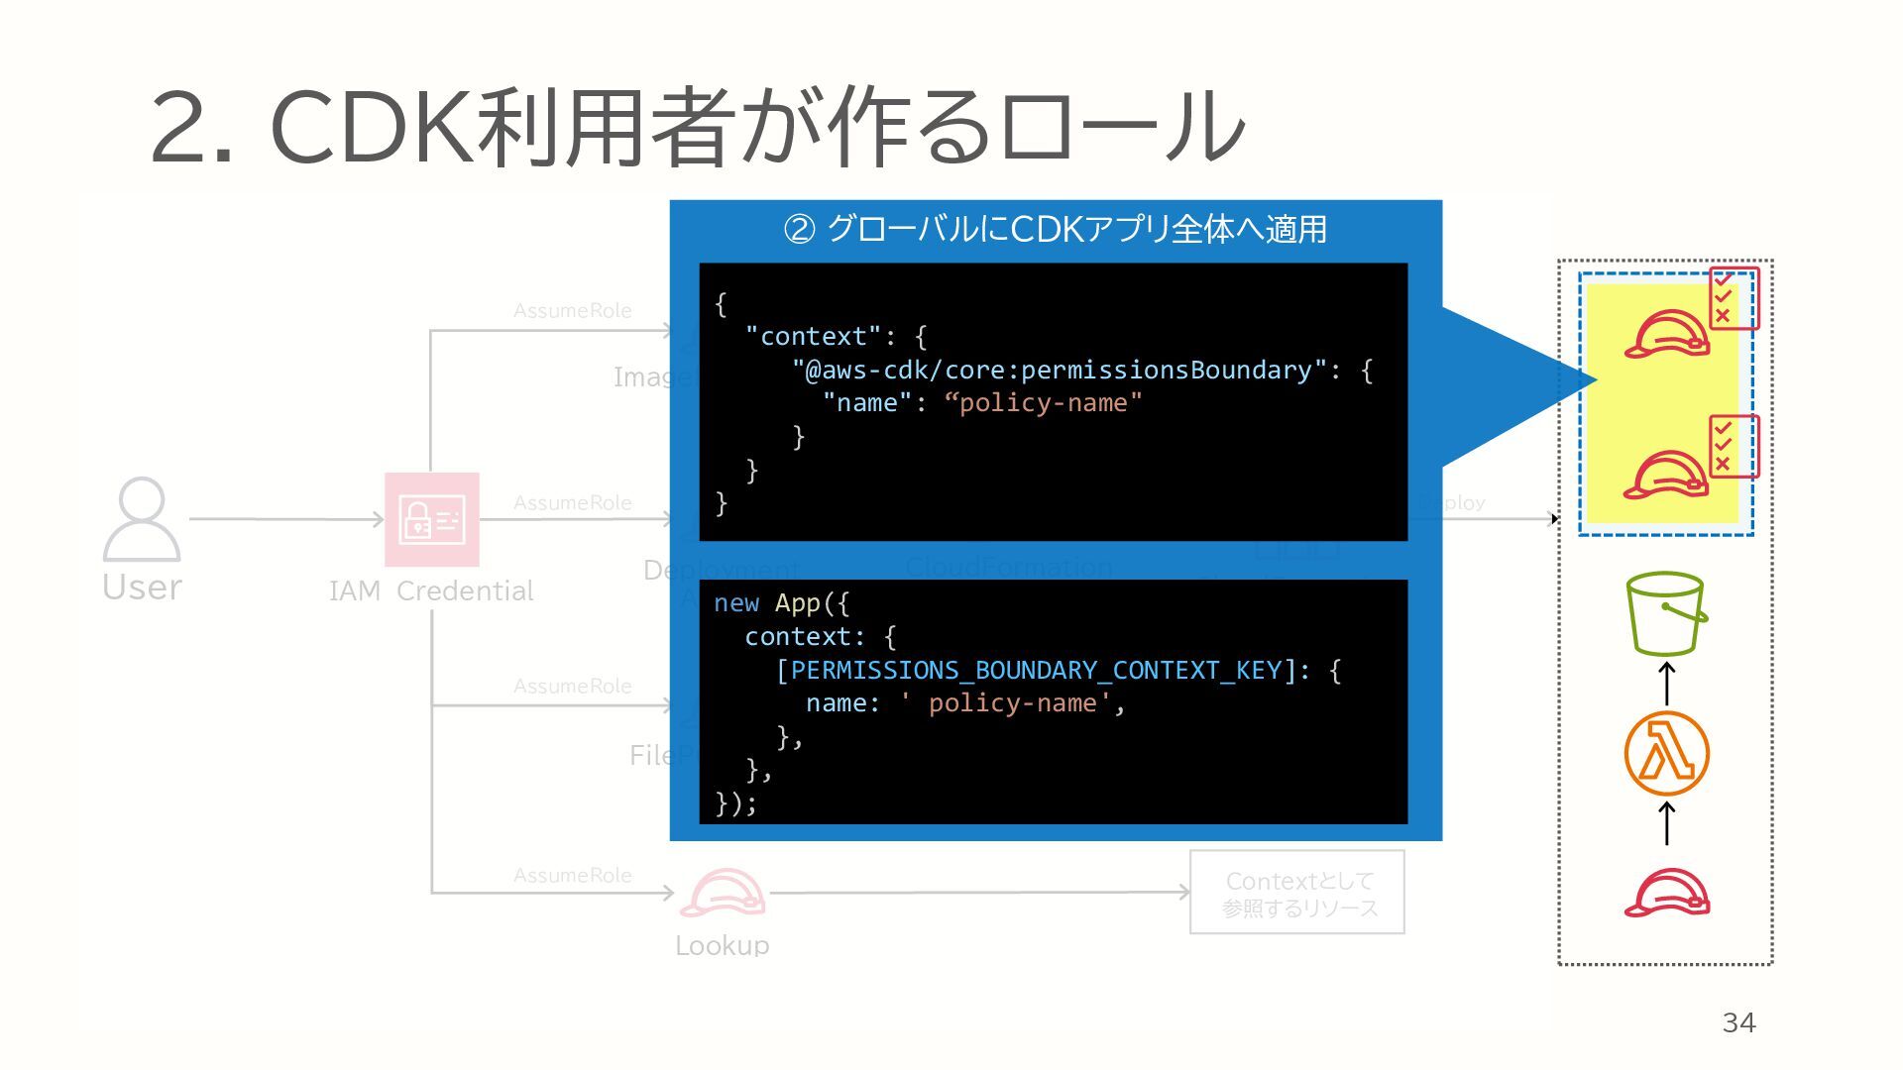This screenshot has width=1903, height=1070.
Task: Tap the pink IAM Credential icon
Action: click(x=431, y=519)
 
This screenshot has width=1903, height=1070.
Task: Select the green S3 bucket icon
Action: click(x=1665, y=613)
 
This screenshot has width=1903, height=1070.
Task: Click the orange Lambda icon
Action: click(x=1666, y=753)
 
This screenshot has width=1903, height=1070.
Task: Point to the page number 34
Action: click(x=1738, y=1022)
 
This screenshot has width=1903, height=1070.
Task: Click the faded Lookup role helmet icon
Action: click(x=723, y=894)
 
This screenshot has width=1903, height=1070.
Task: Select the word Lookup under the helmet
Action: click(x=722, y=945)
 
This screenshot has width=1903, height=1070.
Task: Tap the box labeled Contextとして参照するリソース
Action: click(x=1296, y=892)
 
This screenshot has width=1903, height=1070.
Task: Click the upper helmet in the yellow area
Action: click(x=1666, y=334)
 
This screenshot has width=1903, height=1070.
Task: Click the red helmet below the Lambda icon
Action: click(x=1666, y=893)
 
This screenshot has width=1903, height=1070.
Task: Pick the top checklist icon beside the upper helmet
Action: click(x=1733, y=297)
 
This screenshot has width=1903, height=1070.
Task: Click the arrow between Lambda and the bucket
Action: click(x=1667, y=684)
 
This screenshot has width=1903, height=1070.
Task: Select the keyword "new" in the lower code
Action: click(x=735, y=603)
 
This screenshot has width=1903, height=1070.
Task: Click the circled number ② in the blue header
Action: click(x=799, y=230)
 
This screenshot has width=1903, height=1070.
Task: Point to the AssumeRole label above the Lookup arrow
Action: click(x=572, y=875)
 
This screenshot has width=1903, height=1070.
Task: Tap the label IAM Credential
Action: click(x=431, y=590)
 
